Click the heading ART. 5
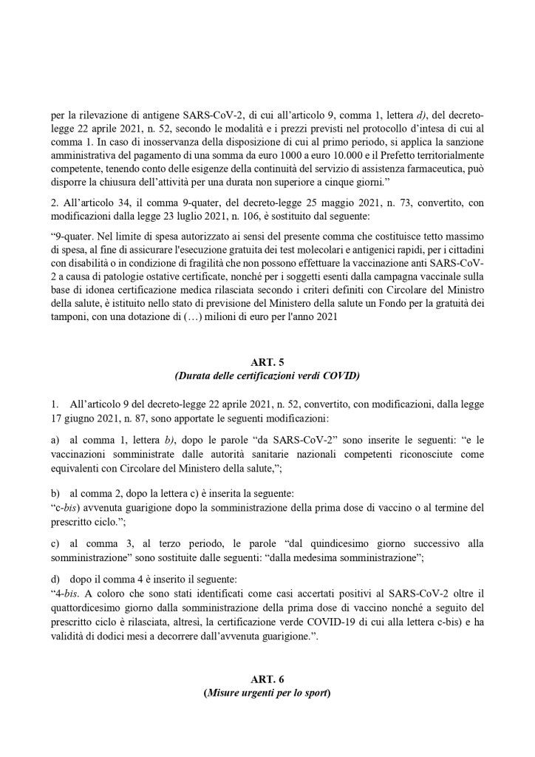(x=267, y=361)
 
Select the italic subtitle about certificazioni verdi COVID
(x=267, y=376)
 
